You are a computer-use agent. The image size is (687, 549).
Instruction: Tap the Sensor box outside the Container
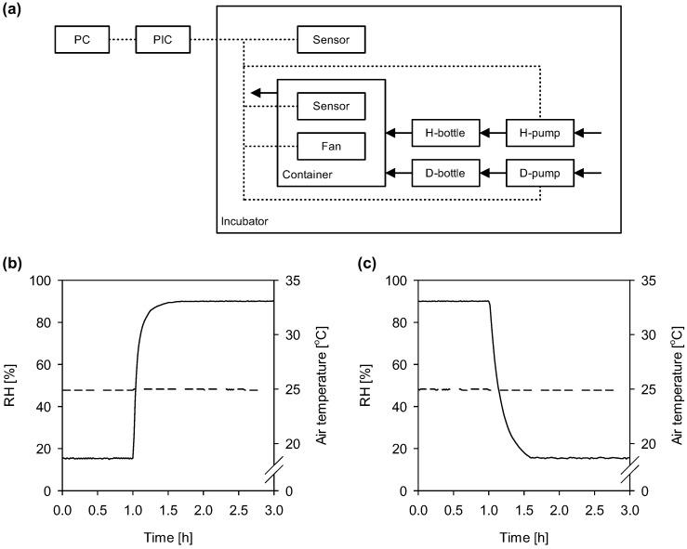coord(331,40)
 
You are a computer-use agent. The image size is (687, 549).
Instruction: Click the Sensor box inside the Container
coord(331,106)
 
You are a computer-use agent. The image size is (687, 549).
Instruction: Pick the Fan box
coord(331,146)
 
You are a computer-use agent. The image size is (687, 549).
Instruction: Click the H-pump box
coord(540,134)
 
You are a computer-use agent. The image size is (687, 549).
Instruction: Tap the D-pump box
coord(540,173)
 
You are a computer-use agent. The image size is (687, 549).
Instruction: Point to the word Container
coord(306,174)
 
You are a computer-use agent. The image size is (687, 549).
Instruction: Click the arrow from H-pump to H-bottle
coord(493,134)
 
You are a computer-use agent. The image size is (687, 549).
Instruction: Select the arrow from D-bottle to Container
coord(399,173)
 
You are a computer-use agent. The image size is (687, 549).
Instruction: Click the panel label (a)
coord(14,10)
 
